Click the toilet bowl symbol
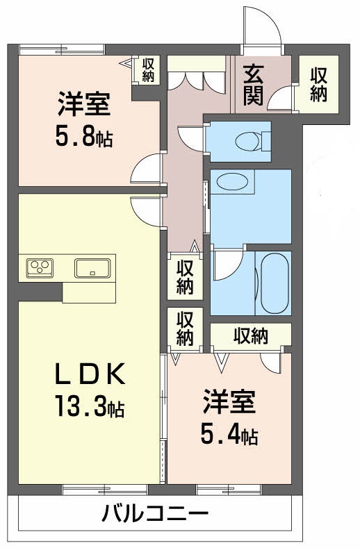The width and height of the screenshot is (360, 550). pyautogui.click(x=247, y=142)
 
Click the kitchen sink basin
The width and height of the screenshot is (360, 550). pyautogui.click(x=92, y=268)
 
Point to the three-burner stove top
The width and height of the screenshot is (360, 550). pyautogui.click(x=40, y=267)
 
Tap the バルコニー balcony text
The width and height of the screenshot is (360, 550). pyautogui.click(x=155, y=514)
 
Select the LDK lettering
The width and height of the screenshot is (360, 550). pyautogui.click(x=90, y=374)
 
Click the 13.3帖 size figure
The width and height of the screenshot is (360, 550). pyautogui.click(x=90, y=405)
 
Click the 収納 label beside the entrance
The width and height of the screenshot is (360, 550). pyautogui.click(x=318, y=85)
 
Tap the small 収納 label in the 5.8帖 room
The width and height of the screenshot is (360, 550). pyautogui.click(x=148, y=70)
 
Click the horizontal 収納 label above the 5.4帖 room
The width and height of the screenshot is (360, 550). pyautogui.click(x=251, y=336)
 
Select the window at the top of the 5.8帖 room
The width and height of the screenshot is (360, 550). pyautogui.click(x=62, y=50)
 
